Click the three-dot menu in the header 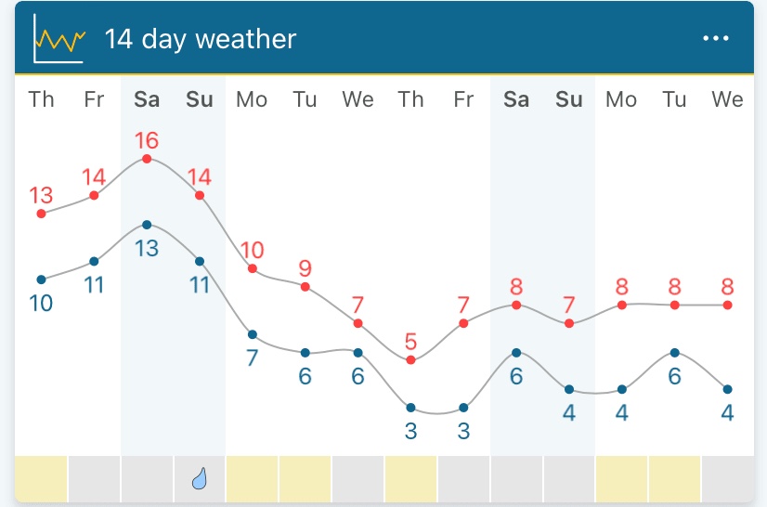(716, 38)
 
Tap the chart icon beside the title (58, 39)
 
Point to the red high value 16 (147, 141)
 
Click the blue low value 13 (147, 248)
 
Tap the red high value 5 (410, 342)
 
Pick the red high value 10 (252, 250)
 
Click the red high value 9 (305, 268)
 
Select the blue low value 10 (41, 303)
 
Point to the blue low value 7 (252, 357)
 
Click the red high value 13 (41, 196)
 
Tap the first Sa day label (147, 99)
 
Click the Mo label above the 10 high (252, 99)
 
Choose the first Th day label (41, 99)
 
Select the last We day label (727, 99)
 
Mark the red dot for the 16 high (147, 159)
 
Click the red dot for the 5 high (410, 359)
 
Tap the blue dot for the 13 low (147, 225)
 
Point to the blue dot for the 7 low (252, 334)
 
